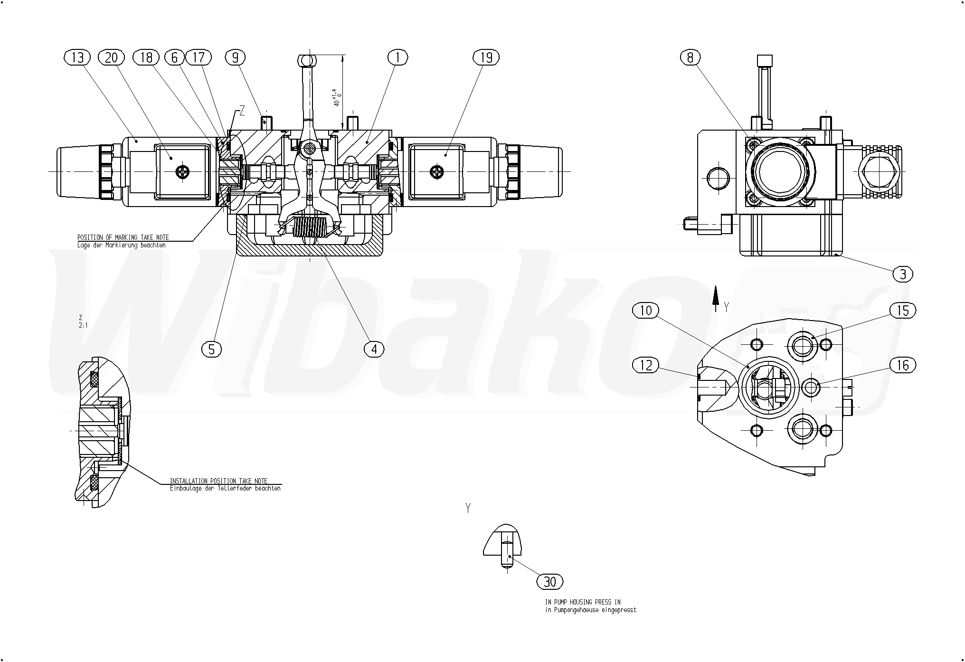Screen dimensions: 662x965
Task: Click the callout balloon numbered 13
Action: [77, 57]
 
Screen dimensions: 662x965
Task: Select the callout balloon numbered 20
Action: [111, 57]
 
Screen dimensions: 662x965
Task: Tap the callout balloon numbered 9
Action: [235, 57]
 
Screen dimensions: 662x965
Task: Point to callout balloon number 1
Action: [397, 57]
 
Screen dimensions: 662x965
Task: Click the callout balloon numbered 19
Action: [486, 57]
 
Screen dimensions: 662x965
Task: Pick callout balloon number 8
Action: [690, 57]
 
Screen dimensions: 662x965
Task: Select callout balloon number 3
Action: [903, 274]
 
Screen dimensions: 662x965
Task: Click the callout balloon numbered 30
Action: [550, 582]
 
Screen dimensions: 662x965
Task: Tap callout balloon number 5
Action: [211, 350]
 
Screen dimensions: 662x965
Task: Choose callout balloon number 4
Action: [374, 350]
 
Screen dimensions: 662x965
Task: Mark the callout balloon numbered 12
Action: [646, 365]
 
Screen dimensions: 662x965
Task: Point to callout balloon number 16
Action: [902, 365]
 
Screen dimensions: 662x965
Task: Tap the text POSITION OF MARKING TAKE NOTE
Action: [123, 237]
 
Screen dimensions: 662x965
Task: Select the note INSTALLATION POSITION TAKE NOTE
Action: [218, 481]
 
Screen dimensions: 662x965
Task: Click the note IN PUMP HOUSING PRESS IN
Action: [583, 602]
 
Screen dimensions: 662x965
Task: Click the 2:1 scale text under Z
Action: [83, 326]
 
